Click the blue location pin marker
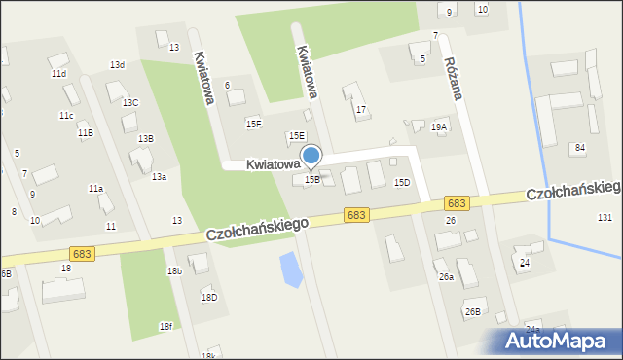311,156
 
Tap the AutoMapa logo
560,342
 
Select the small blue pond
289,270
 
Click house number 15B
312,179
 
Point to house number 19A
439,126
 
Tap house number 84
580,147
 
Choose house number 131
605,217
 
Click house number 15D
401,182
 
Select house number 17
361,110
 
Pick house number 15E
296,136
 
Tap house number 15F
254,124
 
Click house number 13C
129,102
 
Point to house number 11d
58,73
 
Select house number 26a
446,277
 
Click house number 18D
208,297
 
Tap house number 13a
159,176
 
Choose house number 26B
472,311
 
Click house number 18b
174,270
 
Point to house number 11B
86,132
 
